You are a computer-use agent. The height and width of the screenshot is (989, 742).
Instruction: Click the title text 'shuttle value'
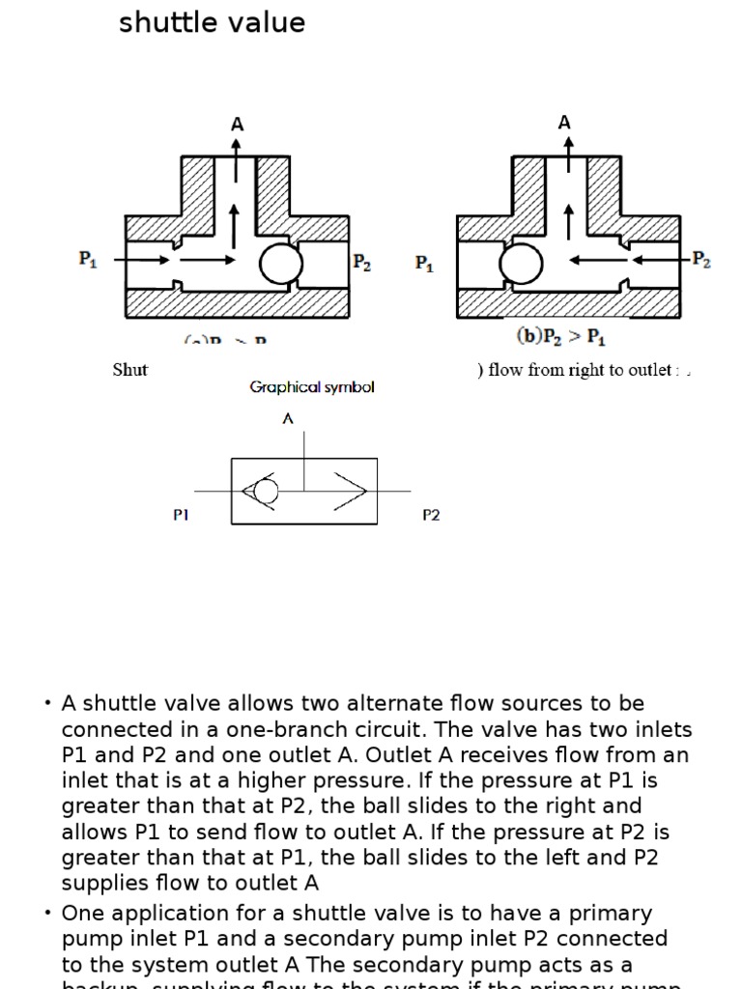point(212,22)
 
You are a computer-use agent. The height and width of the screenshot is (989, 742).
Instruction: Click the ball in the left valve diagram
point(282,263)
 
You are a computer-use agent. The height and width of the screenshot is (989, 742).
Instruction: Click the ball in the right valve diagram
point(522,263)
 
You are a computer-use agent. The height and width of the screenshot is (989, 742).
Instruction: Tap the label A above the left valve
point(237,125)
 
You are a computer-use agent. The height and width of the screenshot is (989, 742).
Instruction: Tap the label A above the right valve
point(564,123)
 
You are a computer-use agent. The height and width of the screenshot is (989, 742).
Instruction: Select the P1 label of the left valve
point(88,259)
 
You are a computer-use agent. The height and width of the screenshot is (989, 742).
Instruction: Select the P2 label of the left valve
point(362,262)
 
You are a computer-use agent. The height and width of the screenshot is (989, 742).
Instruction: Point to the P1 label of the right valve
point(424,263)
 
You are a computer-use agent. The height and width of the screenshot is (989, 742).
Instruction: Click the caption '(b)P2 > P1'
point(560,337)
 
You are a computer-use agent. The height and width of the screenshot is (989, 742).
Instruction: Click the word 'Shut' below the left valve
point(130,370)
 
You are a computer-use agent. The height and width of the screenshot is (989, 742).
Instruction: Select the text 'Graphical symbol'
point(312,387)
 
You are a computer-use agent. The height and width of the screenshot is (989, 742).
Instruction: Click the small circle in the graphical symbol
point(266,493)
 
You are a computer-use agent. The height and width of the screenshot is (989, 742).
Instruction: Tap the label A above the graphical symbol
point(288,418)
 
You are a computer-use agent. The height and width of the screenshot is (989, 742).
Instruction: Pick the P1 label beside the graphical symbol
point(181,516)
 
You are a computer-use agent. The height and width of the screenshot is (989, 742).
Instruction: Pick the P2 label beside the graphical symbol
point(431,516)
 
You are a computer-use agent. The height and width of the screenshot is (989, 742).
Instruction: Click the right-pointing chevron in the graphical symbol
point(351,492)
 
